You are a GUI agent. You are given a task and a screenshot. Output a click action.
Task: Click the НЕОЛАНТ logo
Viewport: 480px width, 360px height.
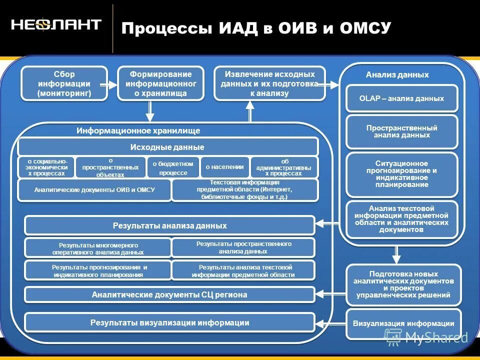click(x=56, y=25)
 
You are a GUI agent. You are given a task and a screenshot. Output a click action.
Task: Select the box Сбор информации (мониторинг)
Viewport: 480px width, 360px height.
click(x=64, y=83)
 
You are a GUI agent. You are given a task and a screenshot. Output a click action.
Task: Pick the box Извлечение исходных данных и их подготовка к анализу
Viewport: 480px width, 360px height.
click(x=269, y=83)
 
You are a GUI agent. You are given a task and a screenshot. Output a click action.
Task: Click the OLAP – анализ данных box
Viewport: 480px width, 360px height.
click(x=401, y=98)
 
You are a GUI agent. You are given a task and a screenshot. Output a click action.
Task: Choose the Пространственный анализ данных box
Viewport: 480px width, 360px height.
click(x=401, y=131)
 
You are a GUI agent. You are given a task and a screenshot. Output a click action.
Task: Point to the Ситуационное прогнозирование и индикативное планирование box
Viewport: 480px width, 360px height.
click(x=401, y=174)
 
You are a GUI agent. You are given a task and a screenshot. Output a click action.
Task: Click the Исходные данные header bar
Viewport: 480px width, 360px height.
click(x=167, y=147)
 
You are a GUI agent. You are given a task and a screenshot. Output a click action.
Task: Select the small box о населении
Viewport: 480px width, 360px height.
click(x=224, y=167)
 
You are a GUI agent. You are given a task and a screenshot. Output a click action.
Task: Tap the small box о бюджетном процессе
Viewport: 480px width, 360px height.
click(x=173, y=167)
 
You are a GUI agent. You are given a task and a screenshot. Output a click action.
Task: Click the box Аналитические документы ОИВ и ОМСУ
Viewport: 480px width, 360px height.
click(x=94, y=190)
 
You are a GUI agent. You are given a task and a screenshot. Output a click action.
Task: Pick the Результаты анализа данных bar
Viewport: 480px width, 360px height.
click(x=169, y=225)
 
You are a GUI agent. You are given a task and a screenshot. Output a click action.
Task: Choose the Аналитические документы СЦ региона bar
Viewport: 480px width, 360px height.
click(x=169, y=294)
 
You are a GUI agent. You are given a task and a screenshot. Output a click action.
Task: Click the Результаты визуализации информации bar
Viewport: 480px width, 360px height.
click(x=169, y=322)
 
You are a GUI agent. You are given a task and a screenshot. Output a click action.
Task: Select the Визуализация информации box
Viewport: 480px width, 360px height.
click(x=403, y=323)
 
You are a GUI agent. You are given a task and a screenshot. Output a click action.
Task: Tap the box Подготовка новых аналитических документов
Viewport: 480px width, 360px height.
click(x=403, y=284)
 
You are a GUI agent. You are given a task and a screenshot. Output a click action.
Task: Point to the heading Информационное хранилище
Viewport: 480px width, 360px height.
click(x=138, y=130)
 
